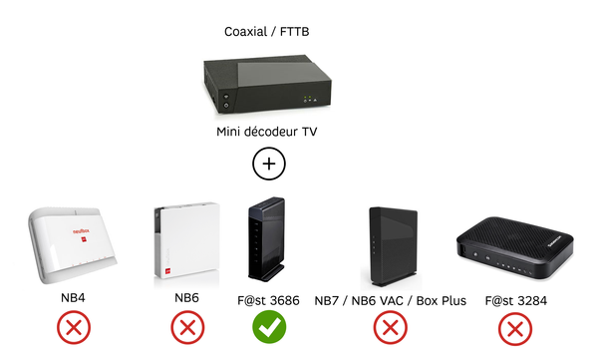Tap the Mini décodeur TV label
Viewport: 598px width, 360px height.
[268, 133]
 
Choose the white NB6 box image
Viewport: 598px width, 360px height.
[185, 243]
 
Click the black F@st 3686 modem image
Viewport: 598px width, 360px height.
[266, 238]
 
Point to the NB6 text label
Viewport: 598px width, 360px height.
[186, 299]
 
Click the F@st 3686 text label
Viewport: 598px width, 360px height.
[266, 299]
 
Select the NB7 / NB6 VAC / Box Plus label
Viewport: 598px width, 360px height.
[390, 299]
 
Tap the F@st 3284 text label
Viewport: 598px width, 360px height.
[513, 299]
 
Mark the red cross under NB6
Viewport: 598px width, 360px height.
[186, 328]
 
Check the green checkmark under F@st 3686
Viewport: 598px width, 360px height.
[266, 328]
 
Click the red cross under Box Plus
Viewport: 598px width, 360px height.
[390, 328]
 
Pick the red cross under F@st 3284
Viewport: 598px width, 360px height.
[513, 328]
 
